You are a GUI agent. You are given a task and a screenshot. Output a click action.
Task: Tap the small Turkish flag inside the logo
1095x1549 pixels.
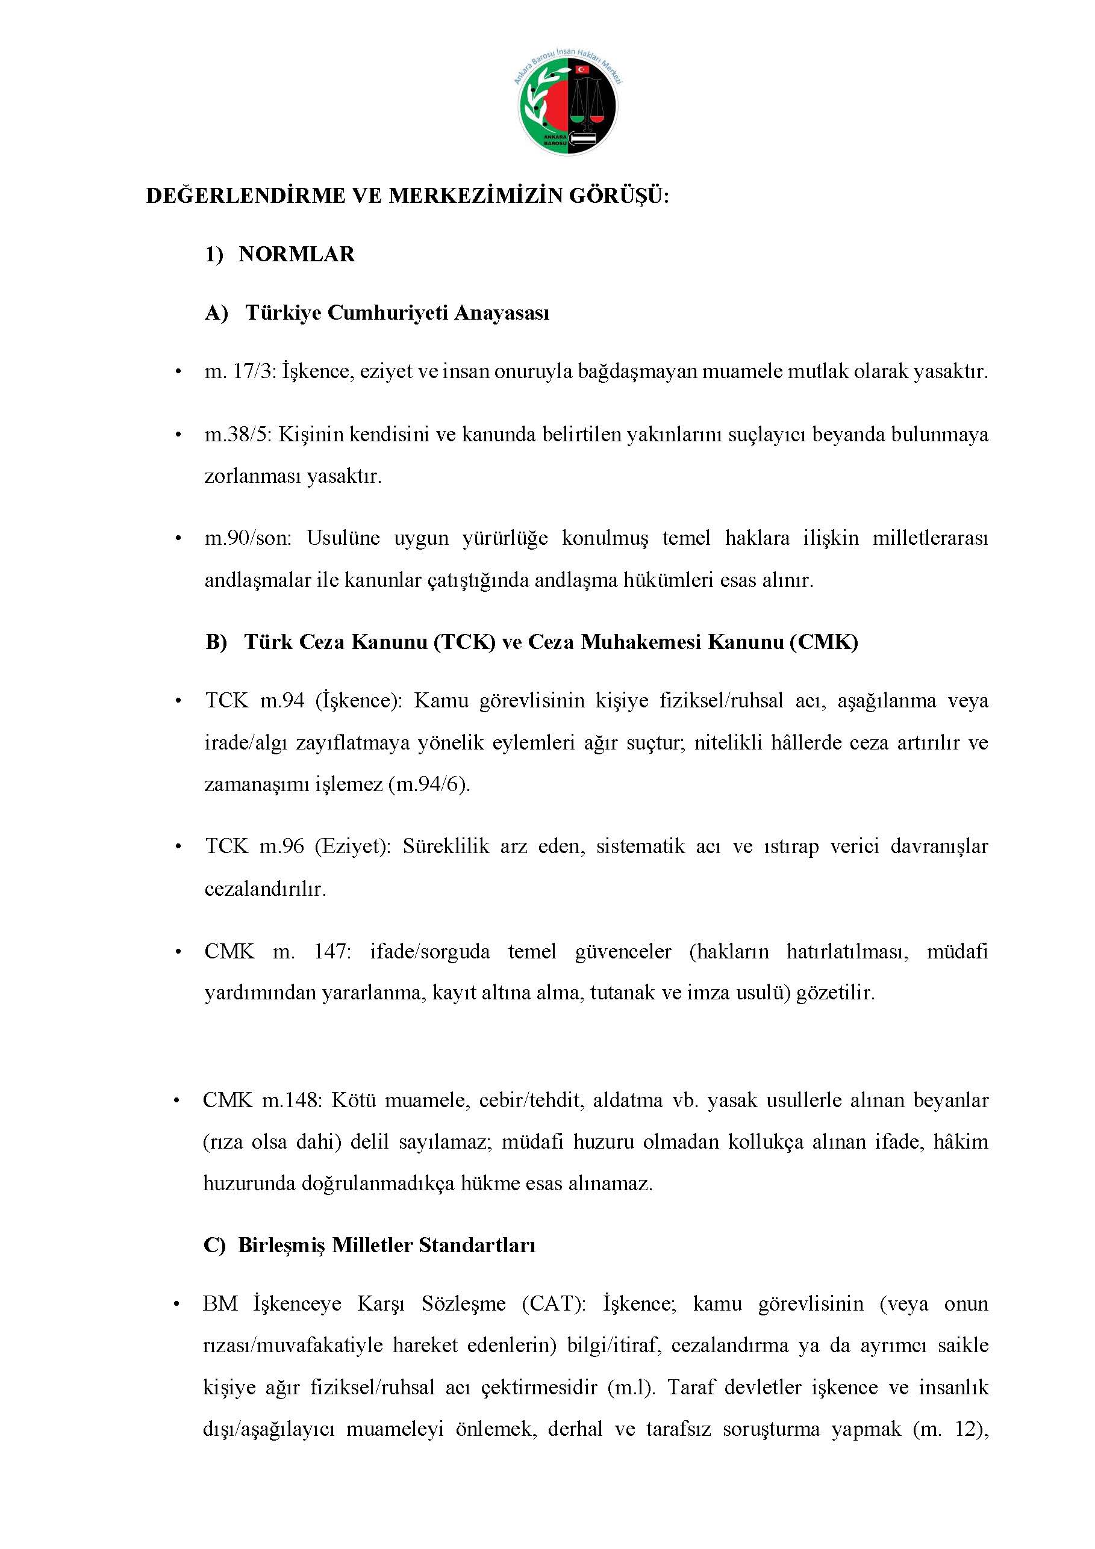tap(581, 69)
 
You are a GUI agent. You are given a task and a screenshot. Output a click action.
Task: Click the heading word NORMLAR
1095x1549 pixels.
tap(296, 254)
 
